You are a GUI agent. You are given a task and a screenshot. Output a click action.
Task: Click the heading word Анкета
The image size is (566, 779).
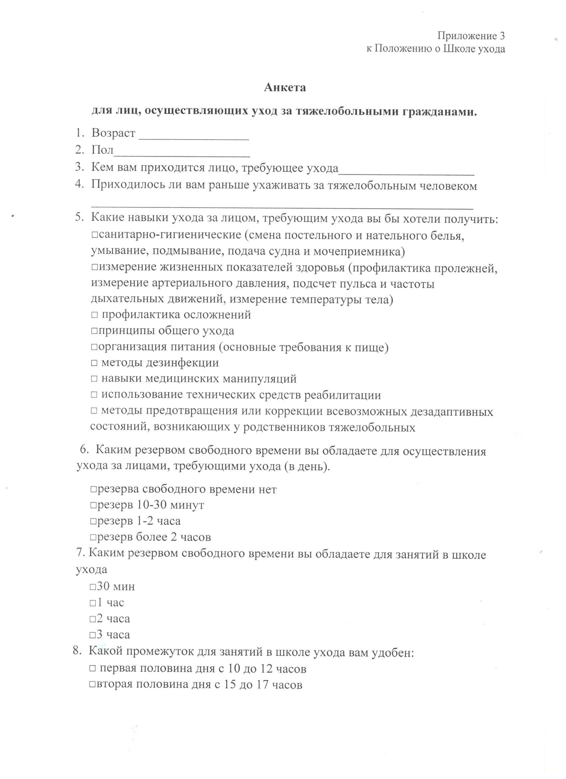coord(285,88)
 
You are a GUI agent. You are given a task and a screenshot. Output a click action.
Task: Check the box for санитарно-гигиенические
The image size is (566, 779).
coord(95,236)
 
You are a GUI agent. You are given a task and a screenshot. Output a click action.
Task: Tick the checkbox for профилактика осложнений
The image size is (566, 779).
coord(95,315)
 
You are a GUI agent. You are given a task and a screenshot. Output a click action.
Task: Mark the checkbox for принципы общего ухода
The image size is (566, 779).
coord(95,331)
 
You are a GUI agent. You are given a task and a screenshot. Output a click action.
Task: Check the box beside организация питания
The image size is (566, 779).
coord(95,347)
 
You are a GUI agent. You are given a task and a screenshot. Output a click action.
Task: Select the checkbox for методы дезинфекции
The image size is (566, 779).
coord(95,363)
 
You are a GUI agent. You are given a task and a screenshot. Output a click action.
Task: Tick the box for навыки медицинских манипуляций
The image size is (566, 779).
coord(95,379)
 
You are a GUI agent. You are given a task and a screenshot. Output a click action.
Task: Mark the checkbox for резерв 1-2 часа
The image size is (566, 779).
coord(94,521)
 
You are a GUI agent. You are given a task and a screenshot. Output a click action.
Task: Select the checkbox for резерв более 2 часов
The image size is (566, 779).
coord(94,537)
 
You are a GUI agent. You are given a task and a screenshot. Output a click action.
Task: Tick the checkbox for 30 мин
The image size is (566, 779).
coord(93,587)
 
